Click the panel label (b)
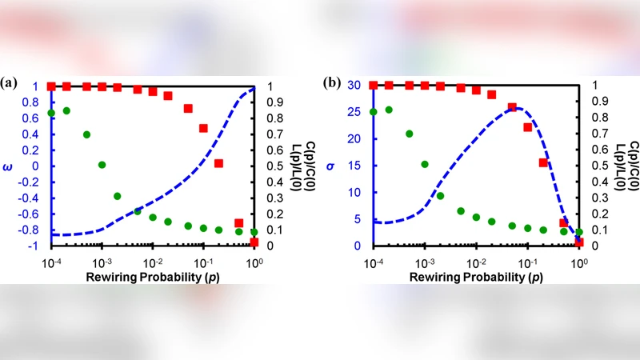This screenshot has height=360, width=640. coord(331,82)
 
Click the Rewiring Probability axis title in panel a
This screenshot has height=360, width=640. coord(153,276)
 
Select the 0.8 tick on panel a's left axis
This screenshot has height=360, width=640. coord(34,102)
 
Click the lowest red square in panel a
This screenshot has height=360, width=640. coord(254,242)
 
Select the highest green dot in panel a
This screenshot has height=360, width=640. coord(67,111)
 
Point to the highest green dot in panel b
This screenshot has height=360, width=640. coord(389,110)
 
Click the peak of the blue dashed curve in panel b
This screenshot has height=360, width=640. coord(517,108)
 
